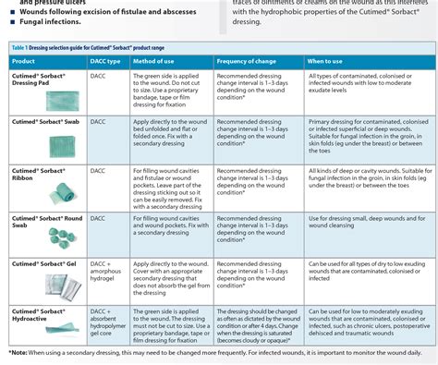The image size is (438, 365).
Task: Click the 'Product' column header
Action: point(25,60)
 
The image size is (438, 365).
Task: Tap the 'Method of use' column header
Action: point(161,60)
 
